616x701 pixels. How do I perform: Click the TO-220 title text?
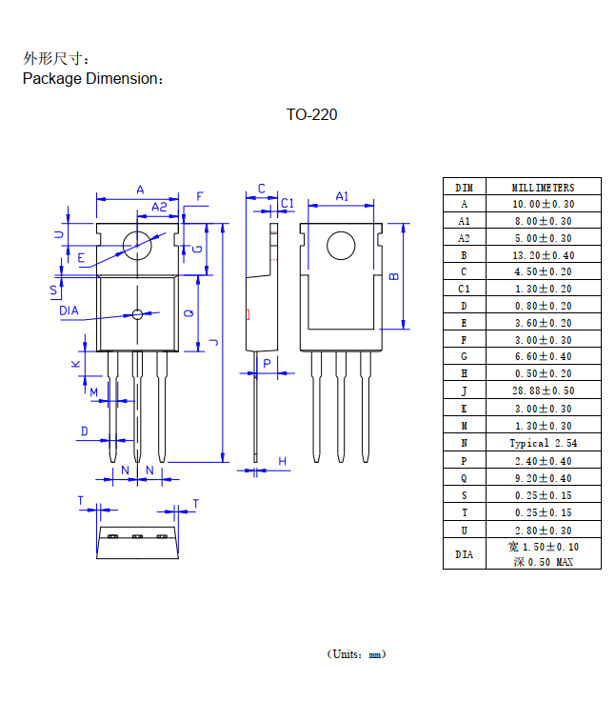pyautogui.click(x=311, y=115)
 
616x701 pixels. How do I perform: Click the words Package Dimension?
pyautogui.click(x=92, y=79)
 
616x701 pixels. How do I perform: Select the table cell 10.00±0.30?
pyautogui.click(x=543, y=204)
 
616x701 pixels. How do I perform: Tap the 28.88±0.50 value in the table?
pyautogui.click(x=543, y=391)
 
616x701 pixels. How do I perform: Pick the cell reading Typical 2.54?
pyautogui.click(x=543, y=443)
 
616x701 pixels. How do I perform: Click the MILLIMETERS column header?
pyautogui.click(x=543, y=187)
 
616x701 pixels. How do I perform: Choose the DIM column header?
pyautogui.click(x=464, y=187)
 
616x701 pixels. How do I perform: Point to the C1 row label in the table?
pyautogui.click(x=464, y=289)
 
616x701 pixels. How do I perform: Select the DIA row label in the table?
pyautogui.click(x=464, y=553)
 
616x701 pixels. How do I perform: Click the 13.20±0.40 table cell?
pyautogui.click(x=543, y=255)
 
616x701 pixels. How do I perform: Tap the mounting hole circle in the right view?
pyautogui.click(x=341, y=247)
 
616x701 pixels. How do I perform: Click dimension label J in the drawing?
pyautogui.click(x=215, y=343)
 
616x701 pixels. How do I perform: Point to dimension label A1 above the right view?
pyautogui.click(x=342, y=196)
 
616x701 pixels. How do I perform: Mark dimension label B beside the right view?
pyautogui.click(x=393, y=276)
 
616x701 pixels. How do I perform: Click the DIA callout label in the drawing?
pyautogui.click(x=69, y=310)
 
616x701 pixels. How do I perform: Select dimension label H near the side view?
pyautogui.click(x=283, y=462)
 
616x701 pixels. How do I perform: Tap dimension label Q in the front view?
pyautogui.click(x=189, y=313)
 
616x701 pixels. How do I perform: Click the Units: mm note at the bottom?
pyautogui.click(x=356, y=654)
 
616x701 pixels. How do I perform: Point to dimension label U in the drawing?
pyautogui.click(x=58, y=233)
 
